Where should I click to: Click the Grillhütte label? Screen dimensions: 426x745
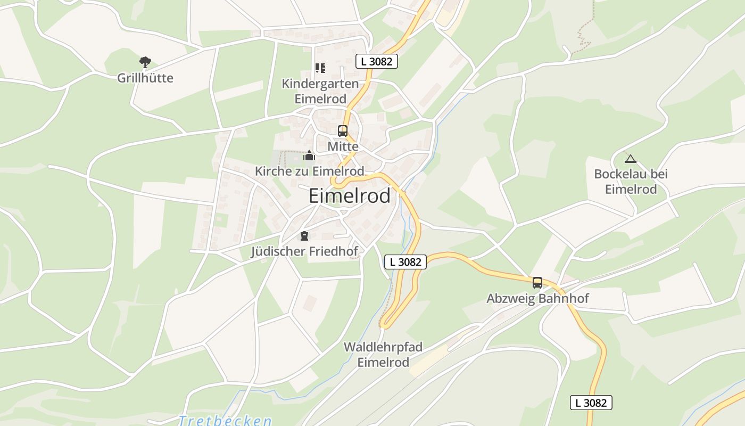pos(145,78)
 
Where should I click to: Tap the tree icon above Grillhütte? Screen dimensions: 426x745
pos(145,62)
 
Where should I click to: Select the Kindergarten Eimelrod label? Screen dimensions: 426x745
pos(320,91)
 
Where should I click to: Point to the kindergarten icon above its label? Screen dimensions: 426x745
pos(320,68)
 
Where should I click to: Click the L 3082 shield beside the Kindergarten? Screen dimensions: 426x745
pos(376,61)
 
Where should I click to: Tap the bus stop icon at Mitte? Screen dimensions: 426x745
pos(343,131)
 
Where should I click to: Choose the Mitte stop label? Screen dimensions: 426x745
pos(343,146)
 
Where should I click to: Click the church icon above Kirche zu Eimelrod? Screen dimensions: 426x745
pos(309,156)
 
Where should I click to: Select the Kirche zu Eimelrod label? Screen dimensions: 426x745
pos(309,171)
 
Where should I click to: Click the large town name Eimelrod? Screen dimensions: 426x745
pos(349,196)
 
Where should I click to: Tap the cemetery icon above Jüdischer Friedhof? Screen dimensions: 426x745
pos(304,236)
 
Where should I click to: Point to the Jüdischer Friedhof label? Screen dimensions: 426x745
pos(304,251)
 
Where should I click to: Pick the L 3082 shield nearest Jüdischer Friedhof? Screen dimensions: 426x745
pos(405,261)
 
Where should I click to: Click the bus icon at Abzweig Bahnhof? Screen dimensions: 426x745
pos(537,283)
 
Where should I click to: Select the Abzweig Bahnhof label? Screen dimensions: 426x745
pos(537,298)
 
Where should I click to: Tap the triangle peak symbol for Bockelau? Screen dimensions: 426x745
pos(631,159)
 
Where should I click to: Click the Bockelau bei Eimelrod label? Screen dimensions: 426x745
pos(631,182)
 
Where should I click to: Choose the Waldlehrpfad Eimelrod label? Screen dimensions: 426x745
pos(383,355)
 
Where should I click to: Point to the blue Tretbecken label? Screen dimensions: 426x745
pos(225,421)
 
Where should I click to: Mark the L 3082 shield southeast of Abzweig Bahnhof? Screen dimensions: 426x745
pos(591,403)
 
